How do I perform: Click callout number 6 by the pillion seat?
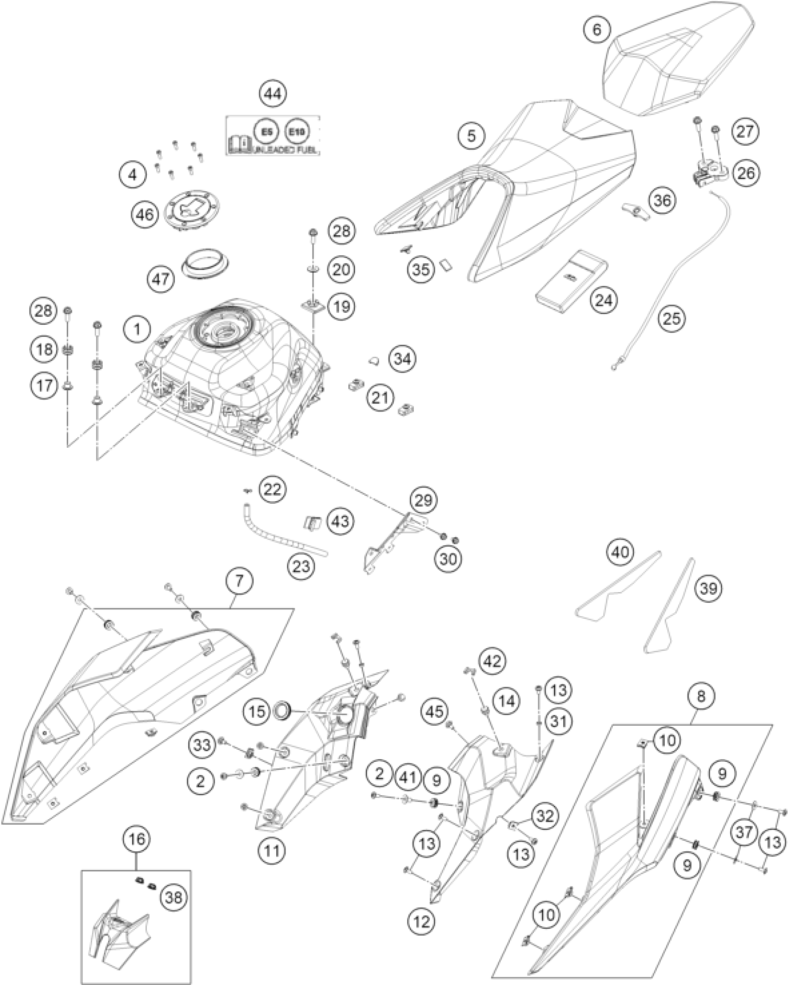coord(597,30)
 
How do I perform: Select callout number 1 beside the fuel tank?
coord(137,330)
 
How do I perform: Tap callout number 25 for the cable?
coord(673,318)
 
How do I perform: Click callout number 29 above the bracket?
coord(423,500)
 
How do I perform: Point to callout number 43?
coord(340,521)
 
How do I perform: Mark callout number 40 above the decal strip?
coord(621,552)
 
